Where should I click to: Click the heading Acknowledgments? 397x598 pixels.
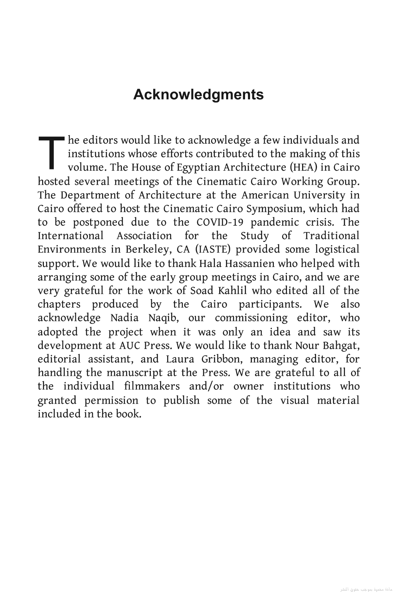[198, 94]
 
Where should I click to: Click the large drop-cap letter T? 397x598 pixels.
[51, 152]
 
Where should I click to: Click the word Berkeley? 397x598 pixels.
[148, 250]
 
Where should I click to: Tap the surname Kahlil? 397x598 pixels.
[232, 291]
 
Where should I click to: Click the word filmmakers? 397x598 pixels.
[152, 386]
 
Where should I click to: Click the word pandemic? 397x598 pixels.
[273, 222]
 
